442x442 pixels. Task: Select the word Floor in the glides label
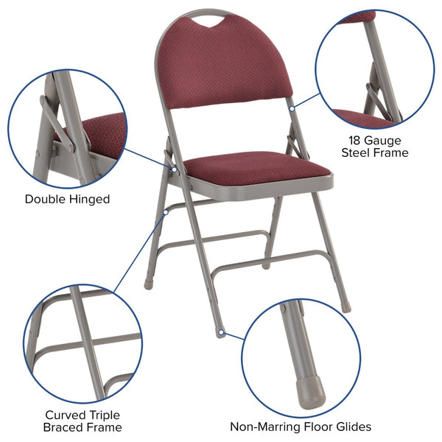314,427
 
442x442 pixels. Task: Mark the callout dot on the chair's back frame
293,108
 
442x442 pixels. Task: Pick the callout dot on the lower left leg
166,212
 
